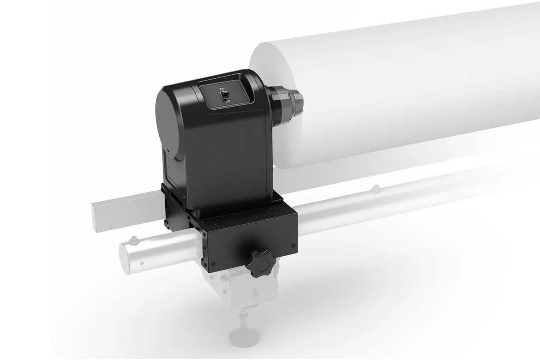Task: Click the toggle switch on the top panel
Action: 227,94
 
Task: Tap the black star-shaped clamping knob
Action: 260,264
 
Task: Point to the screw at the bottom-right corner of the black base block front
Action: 293,245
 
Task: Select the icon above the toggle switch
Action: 222,89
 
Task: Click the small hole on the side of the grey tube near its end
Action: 143,261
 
